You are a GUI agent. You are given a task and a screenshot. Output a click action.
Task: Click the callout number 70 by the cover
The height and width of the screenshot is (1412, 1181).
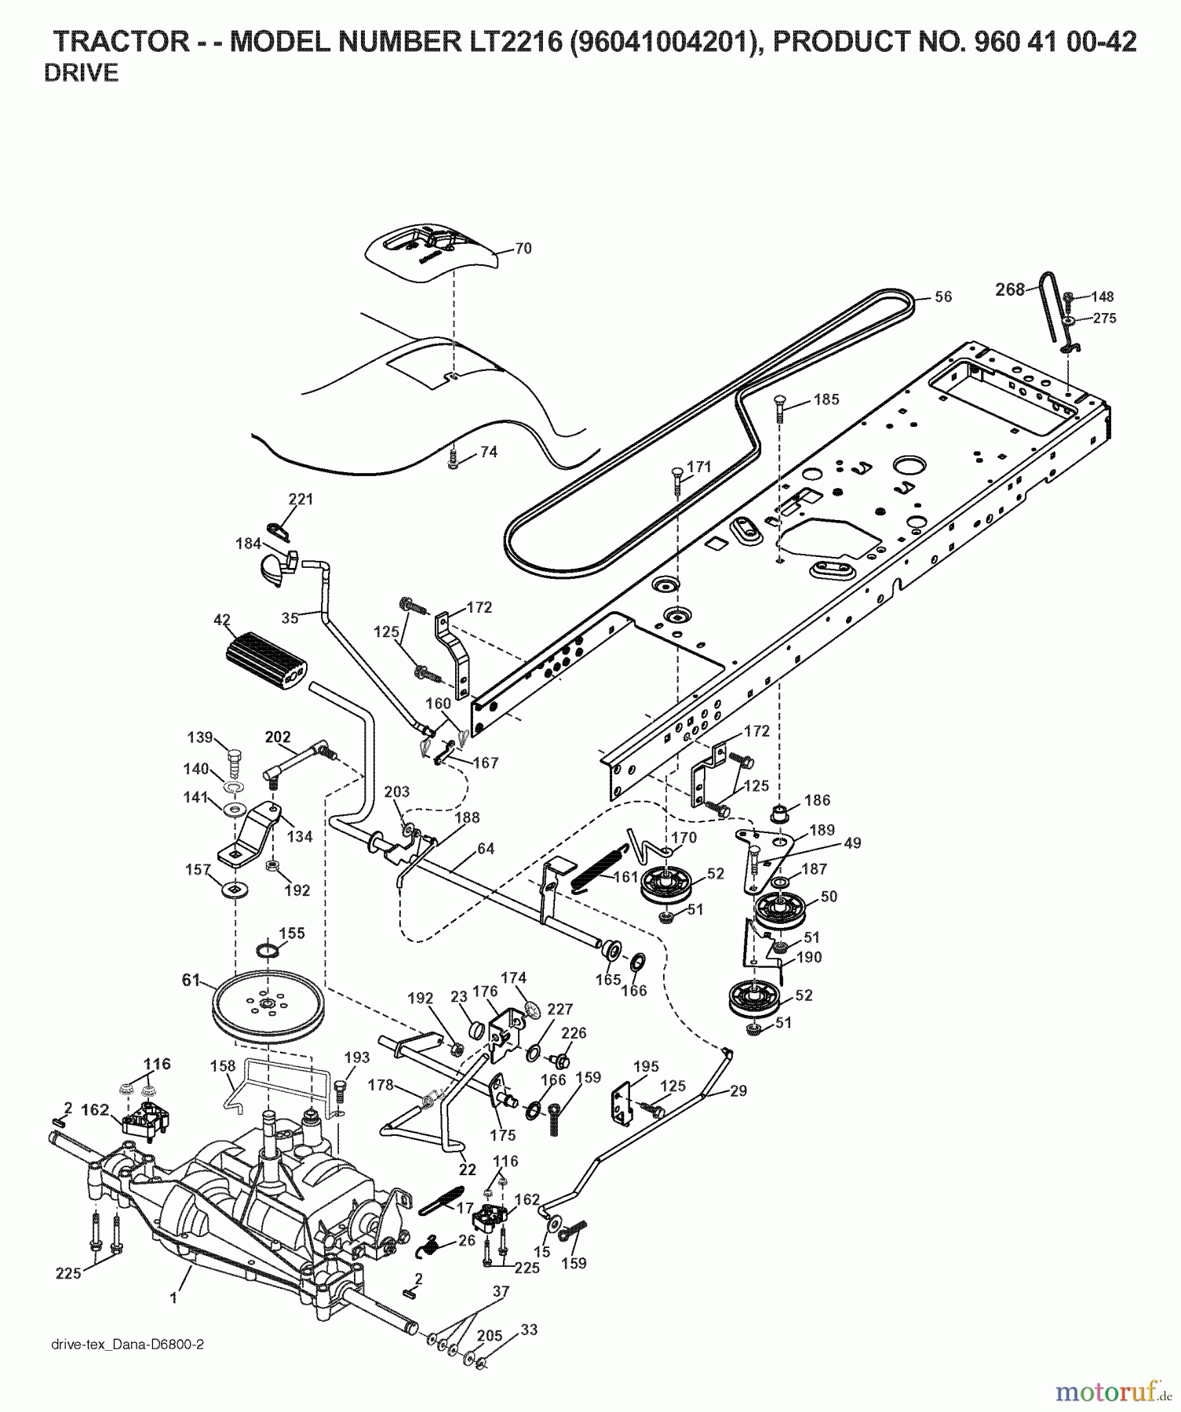pos(523,249)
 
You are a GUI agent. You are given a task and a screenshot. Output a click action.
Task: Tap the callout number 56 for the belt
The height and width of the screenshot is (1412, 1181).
pos(942,297)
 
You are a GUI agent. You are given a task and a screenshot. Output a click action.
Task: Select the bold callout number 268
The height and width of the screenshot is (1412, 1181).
pos(1009,289)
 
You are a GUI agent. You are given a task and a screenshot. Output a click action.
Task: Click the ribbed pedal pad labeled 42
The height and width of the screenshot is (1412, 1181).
pos(267,661)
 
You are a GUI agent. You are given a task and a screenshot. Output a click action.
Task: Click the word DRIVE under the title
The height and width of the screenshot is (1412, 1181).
pos(81,73)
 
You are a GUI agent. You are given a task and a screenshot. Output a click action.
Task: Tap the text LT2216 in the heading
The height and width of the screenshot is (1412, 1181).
pos(514,42)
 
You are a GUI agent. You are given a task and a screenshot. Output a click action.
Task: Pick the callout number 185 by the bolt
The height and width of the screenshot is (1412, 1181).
pos(826,399)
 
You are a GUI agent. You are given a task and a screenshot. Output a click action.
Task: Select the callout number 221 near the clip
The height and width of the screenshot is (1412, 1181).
pos(301,499)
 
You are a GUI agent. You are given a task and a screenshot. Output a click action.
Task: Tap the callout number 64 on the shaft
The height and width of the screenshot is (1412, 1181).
pos(485,849)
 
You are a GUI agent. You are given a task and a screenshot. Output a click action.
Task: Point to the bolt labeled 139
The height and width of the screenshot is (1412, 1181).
pos(234,759)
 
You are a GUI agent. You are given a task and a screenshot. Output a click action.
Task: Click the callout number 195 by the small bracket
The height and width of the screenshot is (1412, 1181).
pos(646,1067)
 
